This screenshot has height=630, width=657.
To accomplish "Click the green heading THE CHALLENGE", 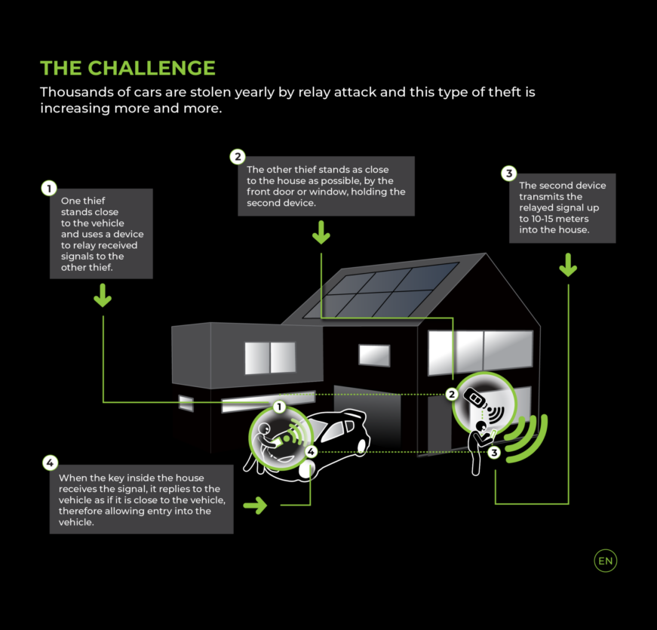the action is pyautogui.click(x=127, y=68).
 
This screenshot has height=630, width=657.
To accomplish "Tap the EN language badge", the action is pyautogui.click(x=606, y=561).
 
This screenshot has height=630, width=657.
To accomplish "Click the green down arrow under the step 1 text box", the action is pyautogui.click(x=103, y=296).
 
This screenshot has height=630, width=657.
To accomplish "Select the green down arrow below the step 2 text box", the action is pyautogui.click(x=321, y=232).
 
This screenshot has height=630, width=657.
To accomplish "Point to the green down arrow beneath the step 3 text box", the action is pyautogui.click(x=568, y=265).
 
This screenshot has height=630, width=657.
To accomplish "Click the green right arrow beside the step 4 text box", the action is pyautogui.click(x=255, y=506).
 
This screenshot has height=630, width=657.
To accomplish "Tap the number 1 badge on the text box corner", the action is pyautogui.click(x=49, y=188).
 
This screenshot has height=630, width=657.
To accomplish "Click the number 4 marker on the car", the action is pyautogui.click(x=311, y=452).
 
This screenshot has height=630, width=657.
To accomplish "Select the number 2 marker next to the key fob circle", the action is pyautogui.click(x=452, y=394).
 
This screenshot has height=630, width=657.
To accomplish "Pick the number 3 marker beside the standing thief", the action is pyautogui.click(x=494, y=453).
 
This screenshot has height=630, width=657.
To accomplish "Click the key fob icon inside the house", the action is pyautogui.click(x=474, y=398).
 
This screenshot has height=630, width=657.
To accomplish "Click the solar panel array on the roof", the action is pyautogui.click(x=381, y=290).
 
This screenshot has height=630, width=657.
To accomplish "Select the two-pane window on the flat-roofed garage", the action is pyautogui.click(x=270, y=358).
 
